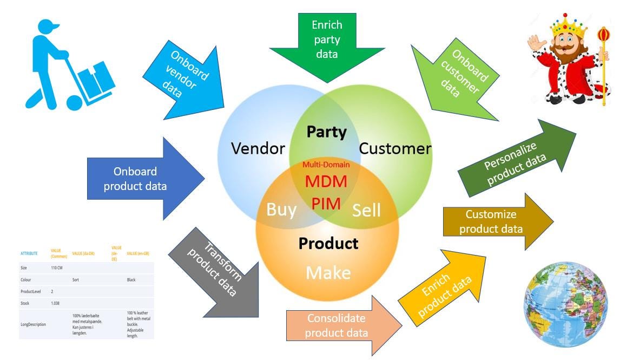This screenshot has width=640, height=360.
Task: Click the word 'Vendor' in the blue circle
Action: [258, 148]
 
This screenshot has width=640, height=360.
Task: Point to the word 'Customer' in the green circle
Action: [395, 148]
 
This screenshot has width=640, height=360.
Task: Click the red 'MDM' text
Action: [325, 181]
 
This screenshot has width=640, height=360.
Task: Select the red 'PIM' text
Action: [326, 204]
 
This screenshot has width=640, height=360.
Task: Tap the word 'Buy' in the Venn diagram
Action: [281, 210]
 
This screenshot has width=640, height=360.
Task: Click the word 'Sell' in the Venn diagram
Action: [366, 210]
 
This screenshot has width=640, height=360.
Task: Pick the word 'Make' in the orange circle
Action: [328, 272]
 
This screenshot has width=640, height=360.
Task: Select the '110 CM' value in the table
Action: [57, 267]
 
